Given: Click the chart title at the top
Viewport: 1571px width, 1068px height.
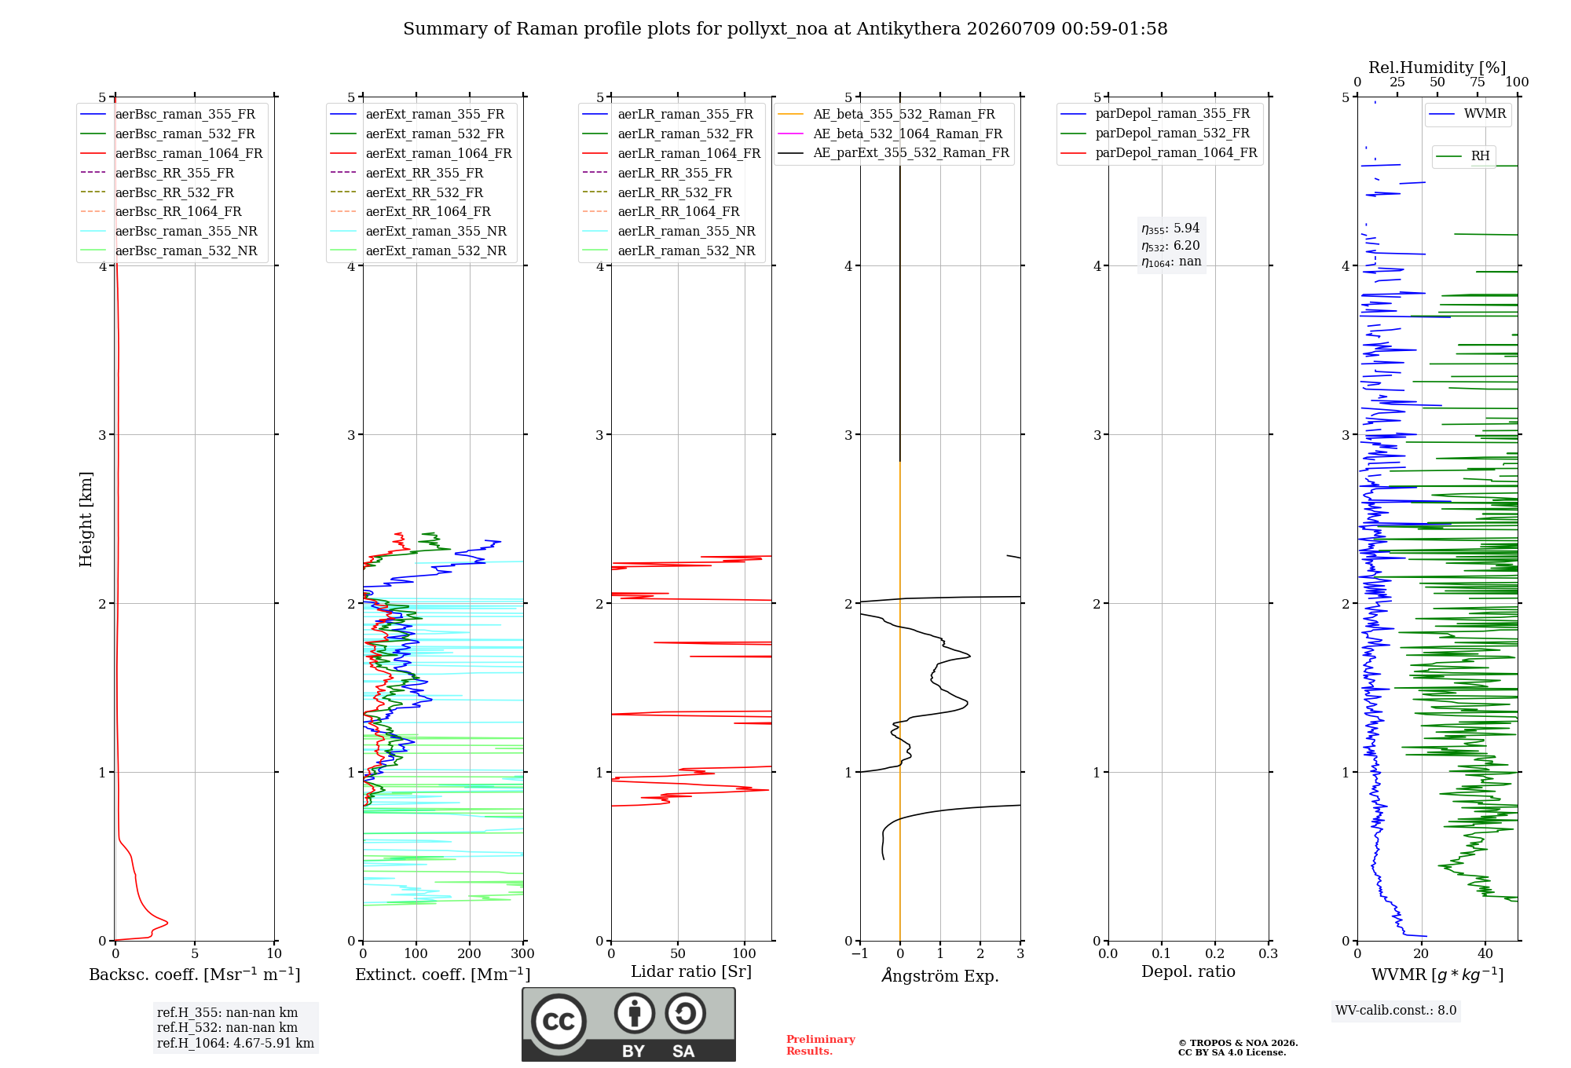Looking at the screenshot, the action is [785, 29].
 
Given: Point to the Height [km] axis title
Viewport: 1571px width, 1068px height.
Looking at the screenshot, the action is [86, 519].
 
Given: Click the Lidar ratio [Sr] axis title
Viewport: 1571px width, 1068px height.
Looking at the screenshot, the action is [691, 971].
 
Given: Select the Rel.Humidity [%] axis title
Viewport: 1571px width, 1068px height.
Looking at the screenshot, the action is [1437, 68].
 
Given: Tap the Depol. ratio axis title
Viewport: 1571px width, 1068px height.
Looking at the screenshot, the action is [1188, 971].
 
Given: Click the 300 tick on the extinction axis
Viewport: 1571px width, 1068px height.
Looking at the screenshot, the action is [523, 953].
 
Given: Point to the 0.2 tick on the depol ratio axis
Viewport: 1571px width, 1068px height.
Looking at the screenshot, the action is [1215, 953].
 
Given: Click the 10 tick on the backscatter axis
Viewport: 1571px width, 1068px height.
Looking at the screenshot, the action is [274, 953].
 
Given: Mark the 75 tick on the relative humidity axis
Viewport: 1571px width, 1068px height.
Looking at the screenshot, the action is [1478, 82].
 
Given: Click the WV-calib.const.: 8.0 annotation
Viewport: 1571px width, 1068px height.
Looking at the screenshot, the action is [1396, 1011].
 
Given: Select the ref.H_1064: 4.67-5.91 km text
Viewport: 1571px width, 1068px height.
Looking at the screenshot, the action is [236, 1043].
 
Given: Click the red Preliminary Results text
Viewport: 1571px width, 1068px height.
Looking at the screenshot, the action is [821, 1045].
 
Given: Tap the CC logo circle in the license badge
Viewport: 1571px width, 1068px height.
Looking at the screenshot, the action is [558, 1021].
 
